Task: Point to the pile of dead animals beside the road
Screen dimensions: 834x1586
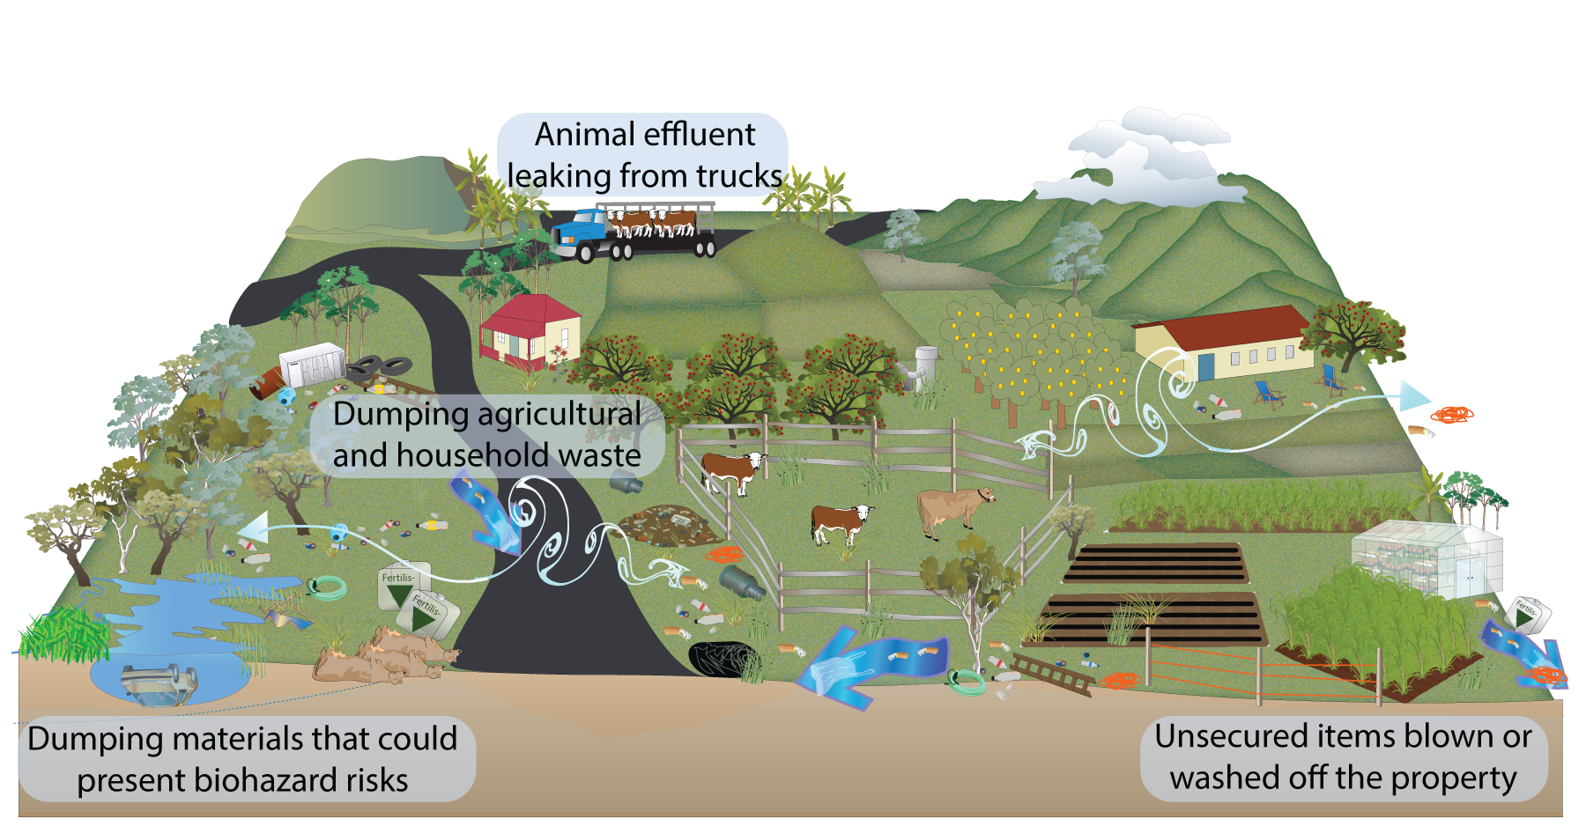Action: (x=385, y=656)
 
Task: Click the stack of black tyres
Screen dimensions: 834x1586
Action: (x=381, y=366)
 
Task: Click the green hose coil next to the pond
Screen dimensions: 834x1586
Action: (x=326, y=587)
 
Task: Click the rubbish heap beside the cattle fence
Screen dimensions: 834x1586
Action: (x=671, y=525)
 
